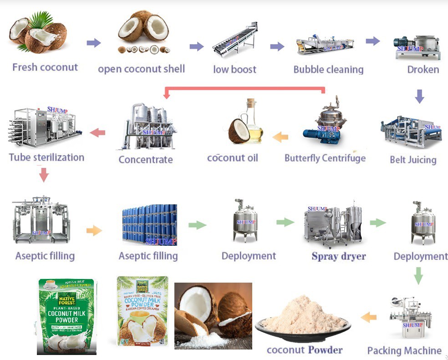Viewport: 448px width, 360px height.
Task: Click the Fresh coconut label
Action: coord(45,67)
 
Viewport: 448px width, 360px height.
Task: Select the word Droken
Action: coord(423,70)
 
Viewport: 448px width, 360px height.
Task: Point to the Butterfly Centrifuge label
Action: coord(325,158)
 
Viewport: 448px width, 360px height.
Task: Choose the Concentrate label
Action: coord(146,159)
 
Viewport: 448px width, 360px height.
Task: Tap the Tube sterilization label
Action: coord(46,157)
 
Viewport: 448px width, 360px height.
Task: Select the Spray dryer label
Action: coord(339,256)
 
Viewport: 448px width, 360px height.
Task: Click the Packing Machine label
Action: coord(404,350)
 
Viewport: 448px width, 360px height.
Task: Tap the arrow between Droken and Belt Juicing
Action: coord(420,96)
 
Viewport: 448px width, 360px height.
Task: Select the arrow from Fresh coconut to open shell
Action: coord(93,43)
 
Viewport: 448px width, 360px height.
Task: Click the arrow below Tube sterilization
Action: coord(44,174)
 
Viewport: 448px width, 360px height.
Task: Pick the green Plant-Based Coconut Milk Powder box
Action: coord(66,316)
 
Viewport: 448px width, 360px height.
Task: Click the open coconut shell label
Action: coord(141,69)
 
